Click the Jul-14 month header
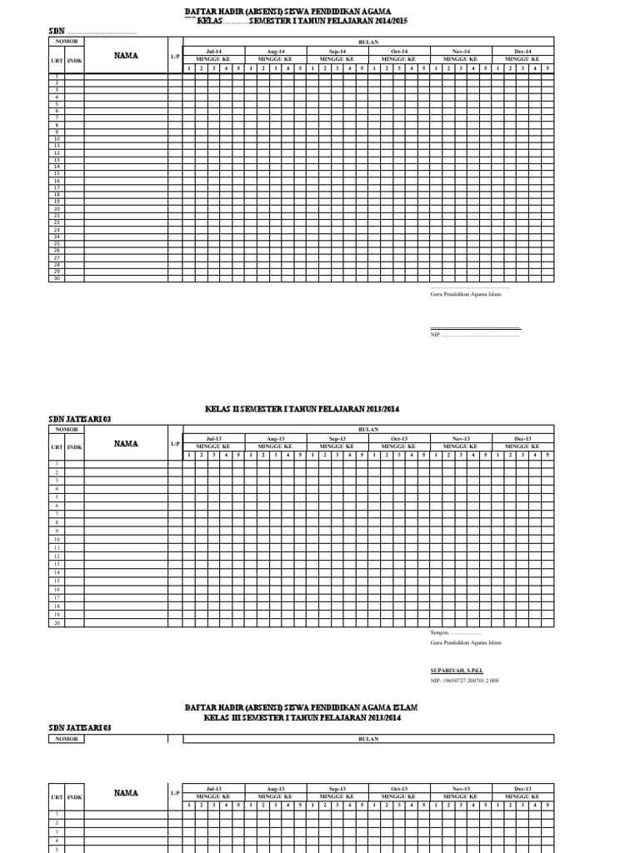coord(214,52)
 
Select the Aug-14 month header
coord(276,52)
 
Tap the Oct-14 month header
coord(399,52)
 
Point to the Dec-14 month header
coord(522,52)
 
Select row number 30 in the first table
coord(57,278)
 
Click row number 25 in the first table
coord(57,243)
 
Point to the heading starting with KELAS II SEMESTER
coord(302,409)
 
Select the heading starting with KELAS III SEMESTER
coord(302,717)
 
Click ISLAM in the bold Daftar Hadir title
coord(403,706)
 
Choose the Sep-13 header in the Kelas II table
coord(337,438)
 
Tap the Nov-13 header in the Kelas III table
coord(461,787)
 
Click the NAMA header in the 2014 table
coord(126,56)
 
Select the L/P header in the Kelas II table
coord(175,444)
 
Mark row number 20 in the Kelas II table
coord(57,622)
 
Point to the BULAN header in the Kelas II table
coord(368,429)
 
